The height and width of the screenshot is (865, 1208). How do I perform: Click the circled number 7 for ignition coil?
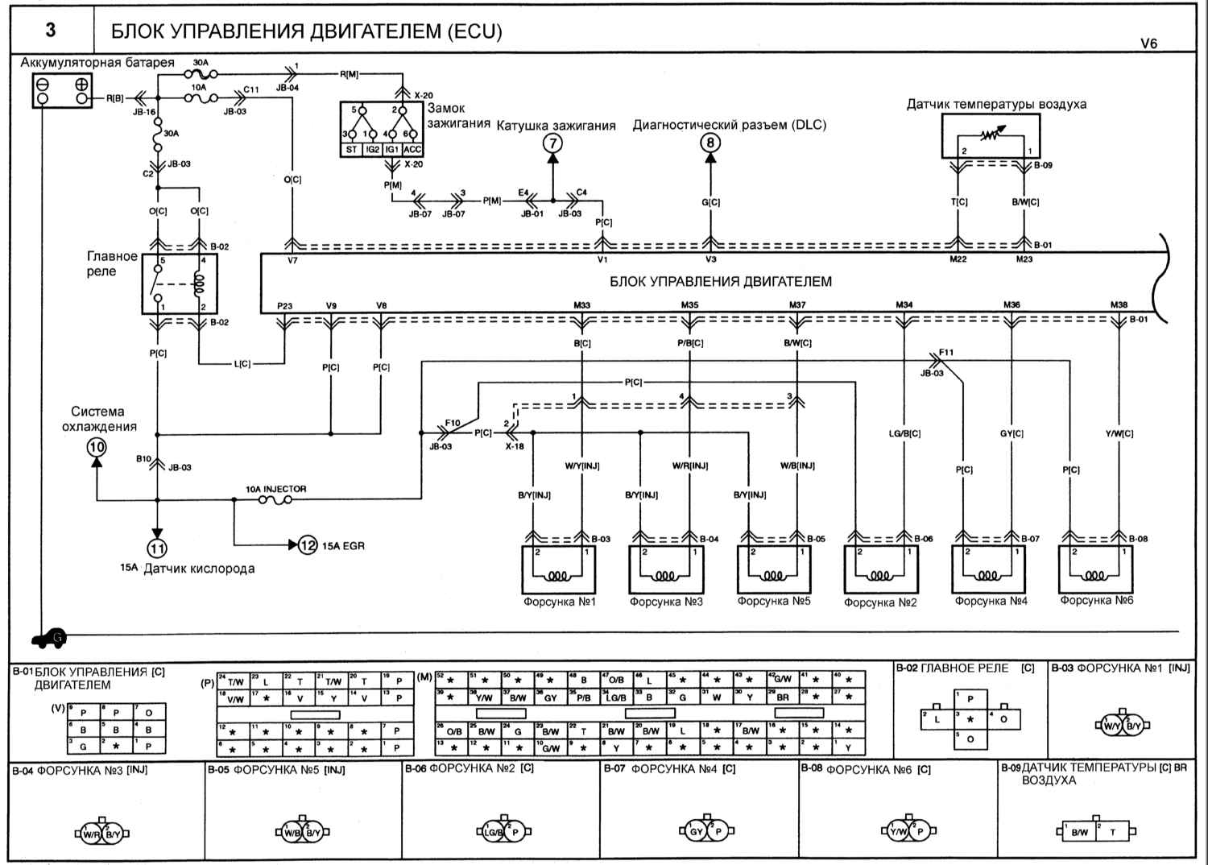click(552, 144)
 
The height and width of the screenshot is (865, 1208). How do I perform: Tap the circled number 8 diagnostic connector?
click(709, 144)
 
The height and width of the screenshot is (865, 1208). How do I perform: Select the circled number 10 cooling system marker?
click(97, 447)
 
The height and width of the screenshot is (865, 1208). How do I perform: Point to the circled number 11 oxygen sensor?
click(157, 548)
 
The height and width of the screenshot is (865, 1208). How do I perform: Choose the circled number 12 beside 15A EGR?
click(308, 545)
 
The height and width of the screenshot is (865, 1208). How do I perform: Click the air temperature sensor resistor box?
click(991, 136)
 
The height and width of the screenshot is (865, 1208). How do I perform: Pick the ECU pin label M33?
click(581, 305)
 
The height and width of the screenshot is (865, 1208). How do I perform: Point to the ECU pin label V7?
click(292, 260)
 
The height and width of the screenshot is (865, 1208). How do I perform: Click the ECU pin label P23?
click(284, 305)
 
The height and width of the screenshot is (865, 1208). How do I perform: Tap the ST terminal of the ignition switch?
click(351, 150)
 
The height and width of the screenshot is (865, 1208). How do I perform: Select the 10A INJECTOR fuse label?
click(276, 489)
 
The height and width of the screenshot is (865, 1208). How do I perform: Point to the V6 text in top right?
click(1148, 44)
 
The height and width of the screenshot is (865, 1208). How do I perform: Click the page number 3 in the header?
click(51, 31)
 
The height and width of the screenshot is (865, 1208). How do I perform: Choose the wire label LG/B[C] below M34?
click(904, 433)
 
